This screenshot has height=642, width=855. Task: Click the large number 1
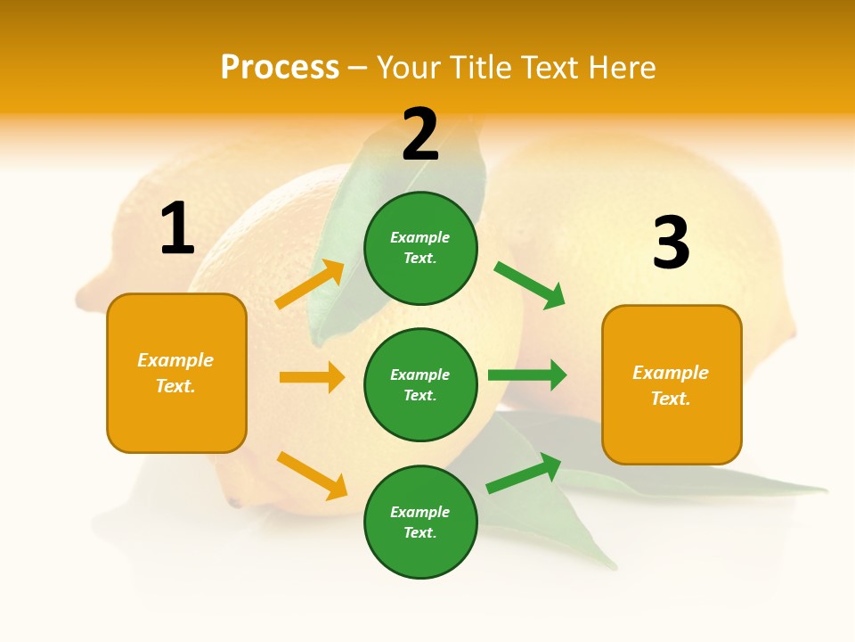[x=177, y=229]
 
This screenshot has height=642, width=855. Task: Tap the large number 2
[x=420, y=136]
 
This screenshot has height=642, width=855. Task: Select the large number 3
[x=671, y=243]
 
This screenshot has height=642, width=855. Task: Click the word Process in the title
[x=280, y=67]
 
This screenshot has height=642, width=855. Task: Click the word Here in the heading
[x=622, y=67]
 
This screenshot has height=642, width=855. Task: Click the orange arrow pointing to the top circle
[x=310, y=284]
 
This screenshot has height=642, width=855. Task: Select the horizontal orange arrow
[x=312, y=377]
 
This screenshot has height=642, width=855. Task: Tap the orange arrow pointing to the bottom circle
[x=312, y=475]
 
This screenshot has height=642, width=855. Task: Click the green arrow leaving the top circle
[x=529, y=284]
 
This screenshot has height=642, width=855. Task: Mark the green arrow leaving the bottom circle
[x=524, y=473]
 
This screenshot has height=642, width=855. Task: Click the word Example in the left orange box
[x=175, y=360]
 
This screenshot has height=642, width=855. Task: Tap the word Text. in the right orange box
[x=671, y=399]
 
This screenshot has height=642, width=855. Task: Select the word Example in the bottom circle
[x=420, y=512]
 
